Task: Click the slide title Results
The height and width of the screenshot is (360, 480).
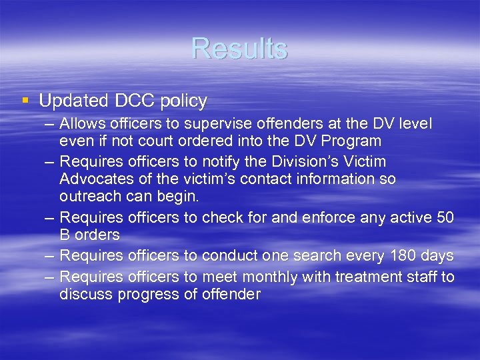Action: click(x=239, y=49)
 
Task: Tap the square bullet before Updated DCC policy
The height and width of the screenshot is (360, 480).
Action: click(x=25, y=101)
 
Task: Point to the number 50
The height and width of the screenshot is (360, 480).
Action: click(x=445, y=217)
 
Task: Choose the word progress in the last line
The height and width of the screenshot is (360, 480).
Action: click(x=149, y=294)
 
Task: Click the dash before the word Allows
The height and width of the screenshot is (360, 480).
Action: click(x=51, y=125)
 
